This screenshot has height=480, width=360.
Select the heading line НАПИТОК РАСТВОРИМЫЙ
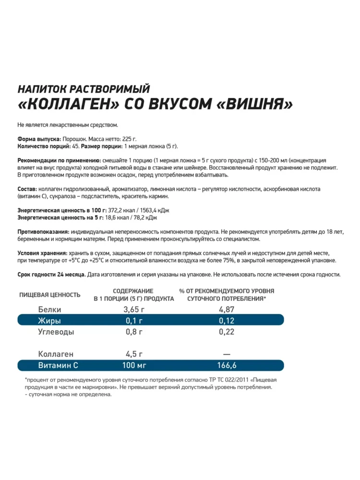84,89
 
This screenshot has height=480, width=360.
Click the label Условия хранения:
42,253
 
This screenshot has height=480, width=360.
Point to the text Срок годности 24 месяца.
51,275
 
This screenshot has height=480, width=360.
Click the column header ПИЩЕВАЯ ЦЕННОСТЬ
50,295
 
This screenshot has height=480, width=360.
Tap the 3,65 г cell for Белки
133,310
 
